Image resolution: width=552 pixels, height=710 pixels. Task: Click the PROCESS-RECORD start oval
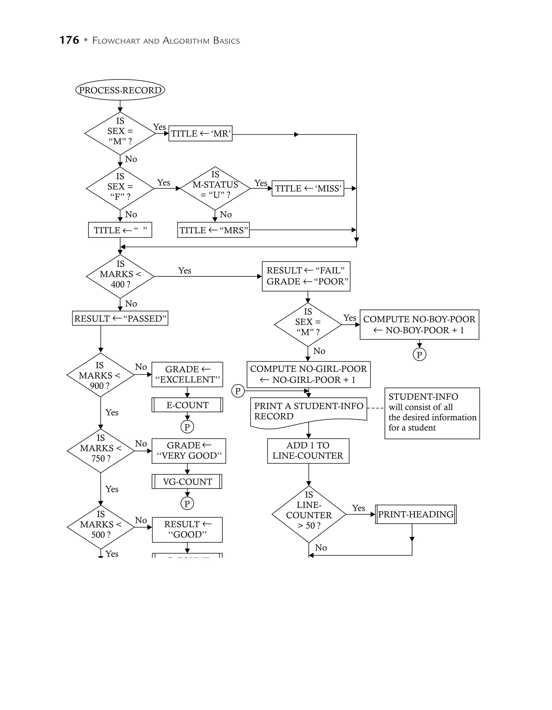(120, 90)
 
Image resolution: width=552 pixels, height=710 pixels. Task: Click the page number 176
(69, 40)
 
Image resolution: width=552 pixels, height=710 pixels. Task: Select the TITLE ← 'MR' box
(200, 133)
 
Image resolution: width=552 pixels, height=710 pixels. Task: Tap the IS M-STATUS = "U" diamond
(215, 188)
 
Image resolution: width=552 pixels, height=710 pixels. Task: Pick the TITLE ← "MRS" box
(213, 230)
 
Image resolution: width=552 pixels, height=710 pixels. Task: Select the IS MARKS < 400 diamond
(120, 276)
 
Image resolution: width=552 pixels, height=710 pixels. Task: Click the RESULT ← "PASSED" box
(120, 318)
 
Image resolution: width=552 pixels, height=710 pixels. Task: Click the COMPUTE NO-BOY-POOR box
(419, 325)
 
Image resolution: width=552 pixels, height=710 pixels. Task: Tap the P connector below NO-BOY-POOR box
(419, 355)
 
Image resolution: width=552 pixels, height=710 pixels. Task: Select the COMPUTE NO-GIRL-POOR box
(308, 375)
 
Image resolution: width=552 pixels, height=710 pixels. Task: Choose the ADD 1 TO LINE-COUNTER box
(308, 451)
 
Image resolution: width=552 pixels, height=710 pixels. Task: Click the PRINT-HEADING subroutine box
(416, 514)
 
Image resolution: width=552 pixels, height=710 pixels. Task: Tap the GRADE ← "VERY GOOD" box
(188, 451)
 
